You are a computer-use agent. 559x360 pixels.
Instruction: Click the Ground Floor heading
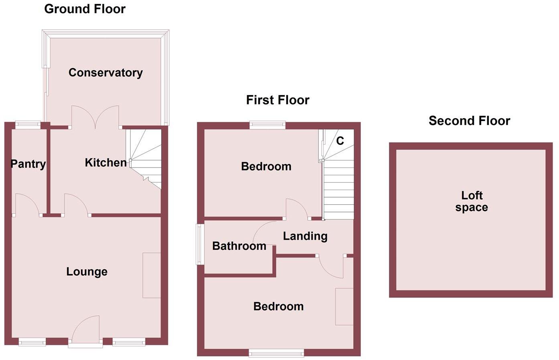(85, 9)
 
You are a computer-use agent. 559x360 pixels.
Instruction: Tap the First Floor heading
(277, 100)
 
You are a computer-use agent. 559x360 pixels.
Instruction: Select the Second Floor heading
(469, 121)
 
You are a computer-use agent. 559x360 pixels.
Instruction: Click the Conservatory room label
(105, 73)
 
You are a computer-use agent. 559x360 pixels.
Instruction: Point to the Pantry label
(28, 164)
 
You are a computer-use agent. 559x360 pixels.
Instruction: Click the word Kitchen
(105, 162)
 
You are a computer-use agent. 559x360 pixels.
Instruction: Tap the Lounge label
(87, 271)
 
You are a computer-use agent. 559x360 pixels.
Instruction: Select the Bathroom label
(239, 246)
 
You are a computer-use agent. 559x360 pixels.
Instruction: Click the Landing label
(305, 236)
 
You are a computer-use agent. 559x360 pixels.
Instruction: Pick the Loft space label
(472, 201)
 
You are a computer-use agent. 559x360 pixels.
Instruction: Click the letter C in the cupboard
(340, 141)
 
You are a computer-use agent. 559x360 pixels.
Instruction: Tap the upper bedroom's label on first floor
(266, 166)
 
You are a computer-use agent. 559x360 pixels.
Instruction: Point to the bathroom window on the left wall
(200, 244)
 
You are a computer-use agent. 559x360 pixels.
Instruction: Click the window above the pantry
(28, 125)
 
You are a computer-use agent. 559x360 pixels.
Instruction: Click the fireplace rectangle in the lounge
(152, 275)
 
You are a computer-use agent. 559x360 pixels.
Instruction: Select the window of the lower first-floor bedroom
(276, 353)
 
